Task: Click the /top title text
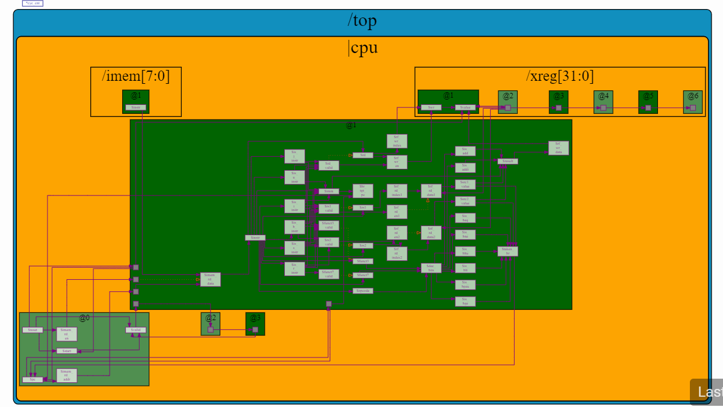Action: (362, 21)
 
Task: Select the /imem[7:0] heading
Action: (135, 76)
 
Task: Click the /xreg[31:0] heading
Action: (560, 76)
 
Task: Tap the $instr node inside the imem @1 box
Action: (135, 107)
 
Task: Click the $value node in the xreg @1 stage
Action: (465, 107)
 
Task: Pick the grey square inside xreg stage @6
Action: (693, 108)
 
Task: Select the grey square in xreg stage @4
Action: (603, 108)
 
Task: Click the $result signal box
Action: (507, 161)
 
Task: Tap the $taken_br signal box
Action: (507, 251)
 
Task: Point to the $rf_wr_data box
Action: (558, 148)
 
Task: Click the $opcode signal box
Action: (363, 291)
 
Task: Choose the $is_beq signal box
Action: (465, 218)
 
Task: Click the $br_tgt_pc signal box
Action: (362, 191)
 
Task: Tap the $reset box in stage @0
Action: (32, 330)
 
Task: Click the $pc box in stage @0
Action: (32, 379)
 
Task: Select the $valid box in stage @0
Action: (135, 330)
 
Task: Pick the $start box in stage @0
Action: (66, 350)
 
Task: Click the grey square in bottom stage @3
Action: (255, 329)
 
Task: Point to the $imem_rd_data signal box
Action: (210, 279)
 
